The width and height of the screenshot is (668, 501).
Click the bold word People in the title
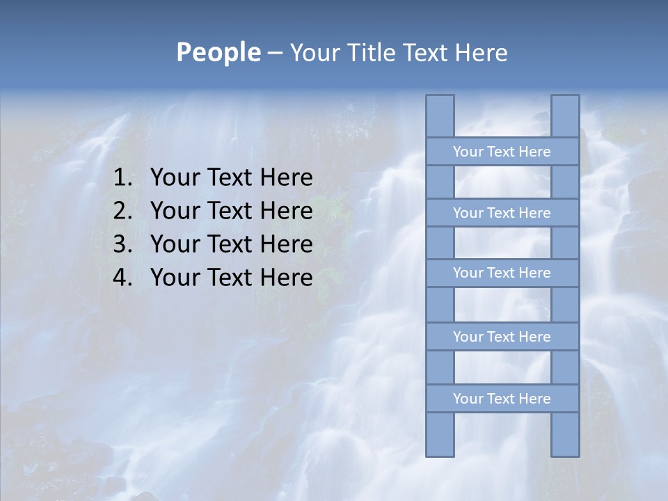(x=218, y=52)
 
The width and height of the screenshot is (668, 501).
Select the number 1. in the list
(x=122, y=178)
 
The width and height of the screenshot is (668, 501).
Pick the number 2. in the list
(x=122, y=211)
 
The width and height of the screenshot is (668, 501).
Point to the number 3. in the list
(x=122, y=244)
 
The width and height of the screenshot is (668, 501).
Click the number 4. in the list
(x=122, y=278)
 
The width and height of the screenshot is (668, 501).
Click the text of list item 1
(x=231, y=178)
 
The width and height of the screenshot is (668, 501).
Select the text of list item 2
(x=231, y=211)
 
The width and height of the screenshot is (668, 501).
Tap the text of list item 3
(x=231, y=244)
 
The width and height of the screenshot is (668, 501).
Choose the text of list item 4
(x=231, y=278)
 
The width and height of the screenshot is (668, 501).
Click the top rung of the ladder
(x=502, y=152)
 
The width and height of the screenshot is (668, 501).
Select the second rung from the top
(x=502, y=213)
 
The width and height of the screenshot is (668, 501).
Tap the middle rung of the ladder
(x=502, y=273)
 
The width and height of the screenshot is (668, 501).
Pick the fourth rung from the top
(x=502, y=337)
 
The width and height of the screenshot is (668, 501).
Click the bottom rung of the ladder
(x=502, y=399)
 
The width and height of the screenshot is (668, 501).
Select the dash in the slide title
(x=274, y=53)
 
